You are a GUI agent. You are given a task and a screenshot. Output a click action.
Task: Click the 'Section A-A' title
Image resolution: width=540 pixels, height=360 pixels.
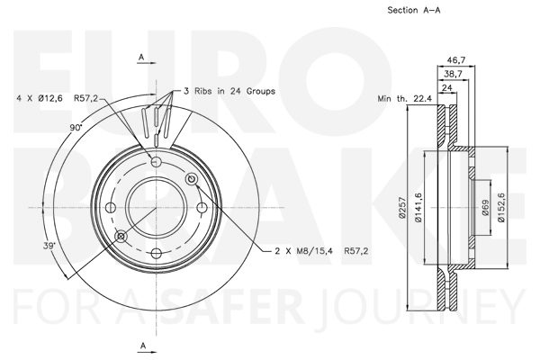[x=414, y=10]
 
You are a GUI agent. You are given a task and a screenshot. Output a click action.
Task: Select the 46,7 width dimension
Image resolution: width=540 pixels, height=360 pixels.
[x=456, y=60]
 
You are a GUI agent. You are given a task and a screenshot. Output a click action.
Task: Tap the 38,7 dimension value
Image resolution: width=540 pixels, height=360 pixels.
[x=453, y=74]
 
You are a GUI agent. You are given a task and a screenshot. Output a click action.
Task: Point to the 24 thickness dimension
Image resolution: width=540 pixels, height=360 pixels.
[x=446, y=88]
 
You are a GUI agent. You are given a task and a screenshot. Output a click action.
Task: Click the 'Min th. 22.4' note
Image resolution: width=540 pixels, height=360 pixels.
[x=405, y=99]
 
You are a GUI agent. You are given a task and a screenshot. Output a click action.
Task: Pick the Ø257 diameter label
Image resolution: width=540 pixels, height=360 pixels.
[x=402, y=207]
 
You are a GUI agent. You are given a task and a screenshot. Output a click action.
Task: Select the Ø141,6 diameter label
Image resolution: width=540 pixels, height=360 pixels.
[x=418, y=207]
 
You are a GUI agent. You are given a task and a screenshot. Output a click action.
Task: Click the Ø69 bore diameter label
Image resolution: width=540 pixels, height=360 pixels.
[x=485, y=207]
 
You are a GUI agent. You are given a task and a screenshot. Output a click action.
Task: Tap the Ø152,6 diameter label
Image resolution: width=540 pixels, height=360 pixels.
[x=501, y=207]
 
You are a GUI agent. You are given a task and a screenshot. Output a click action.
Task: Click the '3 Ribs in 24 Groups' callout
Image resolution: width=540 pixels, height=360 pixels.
[x=229, y=91]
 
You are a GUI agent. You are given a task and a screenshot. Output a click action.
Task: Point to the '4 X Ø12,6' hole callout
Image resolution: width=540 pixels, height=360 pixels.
[x=40, y=98]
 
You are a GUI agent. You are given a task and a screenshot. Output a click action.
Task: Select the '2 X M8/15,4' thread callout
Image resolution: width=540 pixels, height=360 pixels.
[x=304, y=251]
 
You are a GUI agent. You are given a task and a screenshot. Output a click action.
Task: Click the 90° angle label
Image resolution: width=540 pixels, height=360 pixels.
[x=76, y=128]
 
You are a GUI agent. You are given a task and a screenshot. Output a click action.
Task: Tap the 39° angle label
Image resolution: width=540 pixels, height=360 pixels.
[x=49, y=246]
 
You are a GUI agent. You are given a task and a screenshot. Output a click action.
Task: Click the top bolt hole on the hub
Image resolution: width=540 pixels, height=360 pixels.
[x=157, y=161]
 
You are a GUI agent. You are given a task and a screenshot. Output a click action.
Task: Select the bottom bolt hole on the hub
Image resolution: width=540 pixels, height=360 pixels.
[x=157, y=254]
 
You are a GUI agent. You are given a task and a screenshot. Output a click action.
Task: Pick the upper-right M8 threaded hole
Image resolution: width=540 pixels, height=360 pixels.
[x=192, y=179]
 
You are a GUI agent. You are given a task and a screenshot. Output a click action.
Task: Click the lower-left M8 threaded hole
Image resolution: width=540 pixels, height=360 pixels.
[x=121, y=236]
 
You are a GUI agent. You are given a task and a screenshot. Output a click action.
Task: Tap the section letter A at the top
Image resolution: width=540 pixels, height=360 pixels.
[x=141, y=58]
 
